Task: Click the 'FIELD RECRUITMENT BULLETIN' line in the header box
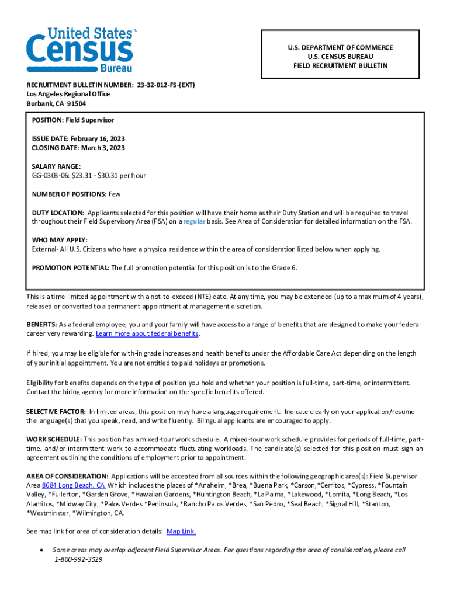(340, 66)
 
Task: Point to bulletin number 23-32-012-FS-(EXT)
(165, 85)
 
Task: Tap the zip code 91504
(76, 103)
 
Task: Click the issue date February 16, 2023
(98, 138)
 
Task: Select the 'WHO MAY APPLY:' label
(60, 240)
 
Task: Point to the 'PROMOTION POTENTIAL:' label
(71, 267)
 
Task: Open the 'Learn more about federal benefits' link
(147, 333)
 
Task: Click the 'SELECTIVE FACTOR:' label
(56, 411)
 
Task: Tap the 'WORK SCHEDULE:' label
(54, 439)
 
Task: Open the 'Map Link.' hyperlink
(181, 531)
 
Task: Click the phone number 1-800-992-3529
(78, 559)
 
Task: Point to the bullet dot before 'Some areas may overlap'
(40, 550)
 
